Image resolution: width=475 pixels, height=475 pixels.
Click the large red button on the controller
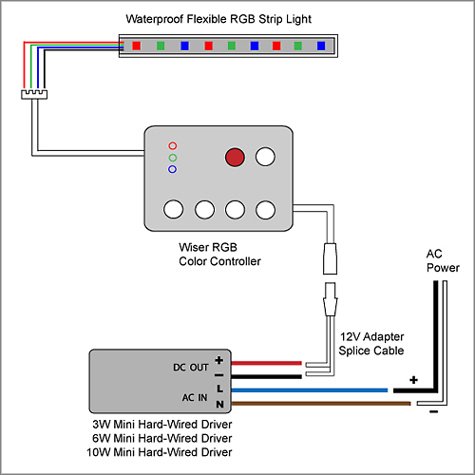[x=235, y=157]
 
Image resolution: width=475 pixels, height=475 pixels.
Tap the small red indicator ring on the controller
[x=173, y=145]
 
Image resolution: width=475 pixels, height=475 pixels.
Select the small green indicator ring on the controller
[x=173, y=158]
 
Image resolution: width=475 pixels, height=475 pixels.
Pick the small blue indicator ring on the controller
[x=173, y=169]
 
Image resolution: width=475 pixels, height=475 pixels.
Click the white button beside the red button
[x=265, y=157]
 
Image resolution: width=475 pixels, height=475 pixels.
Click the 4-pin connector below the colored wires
[x=34, y=94]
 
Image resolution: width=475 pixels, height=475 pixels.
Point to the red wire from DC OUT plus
[x=266, y=363]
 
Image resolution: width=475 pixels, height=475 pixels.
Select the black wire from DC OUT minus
[x=266, y=376]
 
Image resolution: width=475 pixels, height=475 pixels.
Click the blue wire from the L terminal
[x=310, y=390]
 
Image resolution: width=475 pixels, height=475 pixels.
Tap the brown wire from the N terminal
[x=321, y=404]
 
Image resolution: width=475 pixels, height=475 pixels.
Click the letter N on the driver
[x=219, y=405]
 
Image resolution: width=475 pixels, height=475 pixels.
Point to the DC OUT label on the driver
[x=191, y=368]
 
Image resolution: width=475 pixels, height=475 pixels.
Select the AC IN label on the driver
[x=195, y=397]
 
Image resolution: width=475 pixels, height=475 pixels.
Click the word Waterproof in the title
[x=155, y=19]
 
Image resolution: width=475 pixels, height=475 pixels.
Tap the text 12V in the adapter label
[x=350, y=336]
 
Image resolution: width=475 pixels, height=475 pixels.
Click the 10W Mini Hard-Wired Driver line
[x=160, y=452]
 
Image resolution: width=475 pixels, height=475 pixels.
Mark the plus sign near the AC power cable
[x=413, y=380]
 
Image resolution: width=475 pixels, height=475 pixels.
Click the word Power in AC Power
[x=443, y=268]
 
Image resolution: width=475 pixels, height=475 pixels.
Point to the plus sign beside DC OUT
[x=219, y=360]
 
